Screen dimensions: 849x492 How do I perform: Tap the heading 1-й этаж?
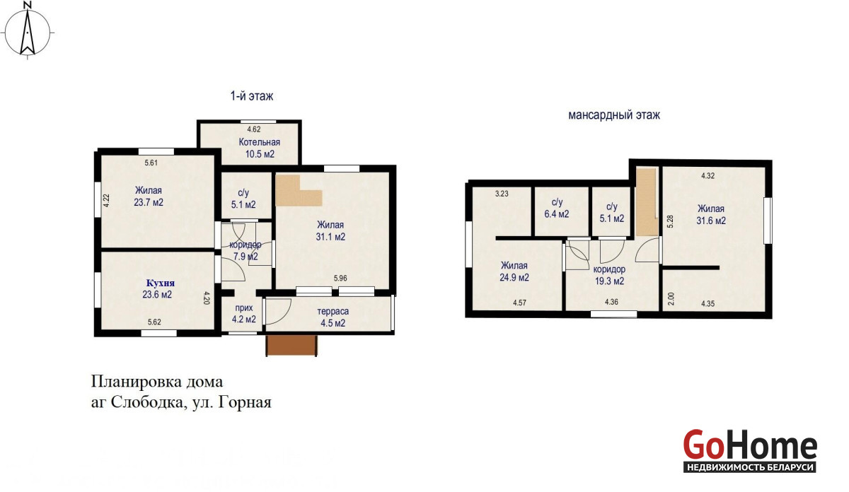[252, 96]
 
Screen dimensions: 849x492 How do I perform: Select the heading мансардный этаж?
[614, 115]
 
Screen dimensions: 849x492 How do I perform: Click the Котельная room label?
[259, 142]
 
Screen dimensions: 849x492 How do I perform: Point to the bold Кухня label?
[161, 283]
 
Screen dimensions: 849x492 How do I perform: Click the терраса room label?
[333, 311]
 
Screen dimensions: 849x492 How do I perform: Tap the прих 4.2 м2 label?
[243, 314]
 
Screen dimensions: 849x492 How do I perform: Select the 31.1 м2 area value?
[330, 237]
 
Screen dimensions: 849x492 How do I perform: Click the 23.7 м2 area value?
[149, 202]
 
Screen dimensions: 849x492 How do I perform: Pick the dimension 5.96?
[340, 279]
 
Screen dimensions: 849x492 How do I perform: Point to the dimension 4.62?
[253, 129]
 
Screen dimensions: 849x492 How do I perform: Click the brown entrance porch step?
[291, 346]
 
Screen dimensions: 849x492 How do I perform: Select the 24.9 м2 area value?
[514, 278]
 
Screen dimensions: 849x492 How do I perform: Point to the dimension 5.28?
[670, 221]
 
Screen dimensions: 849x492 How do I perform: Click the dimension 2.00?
[671, 299]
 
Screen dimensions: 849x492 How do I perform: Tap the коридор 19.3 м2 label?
[609, 276]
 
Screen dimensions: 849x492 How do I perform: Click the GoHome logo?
[750, 451]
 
